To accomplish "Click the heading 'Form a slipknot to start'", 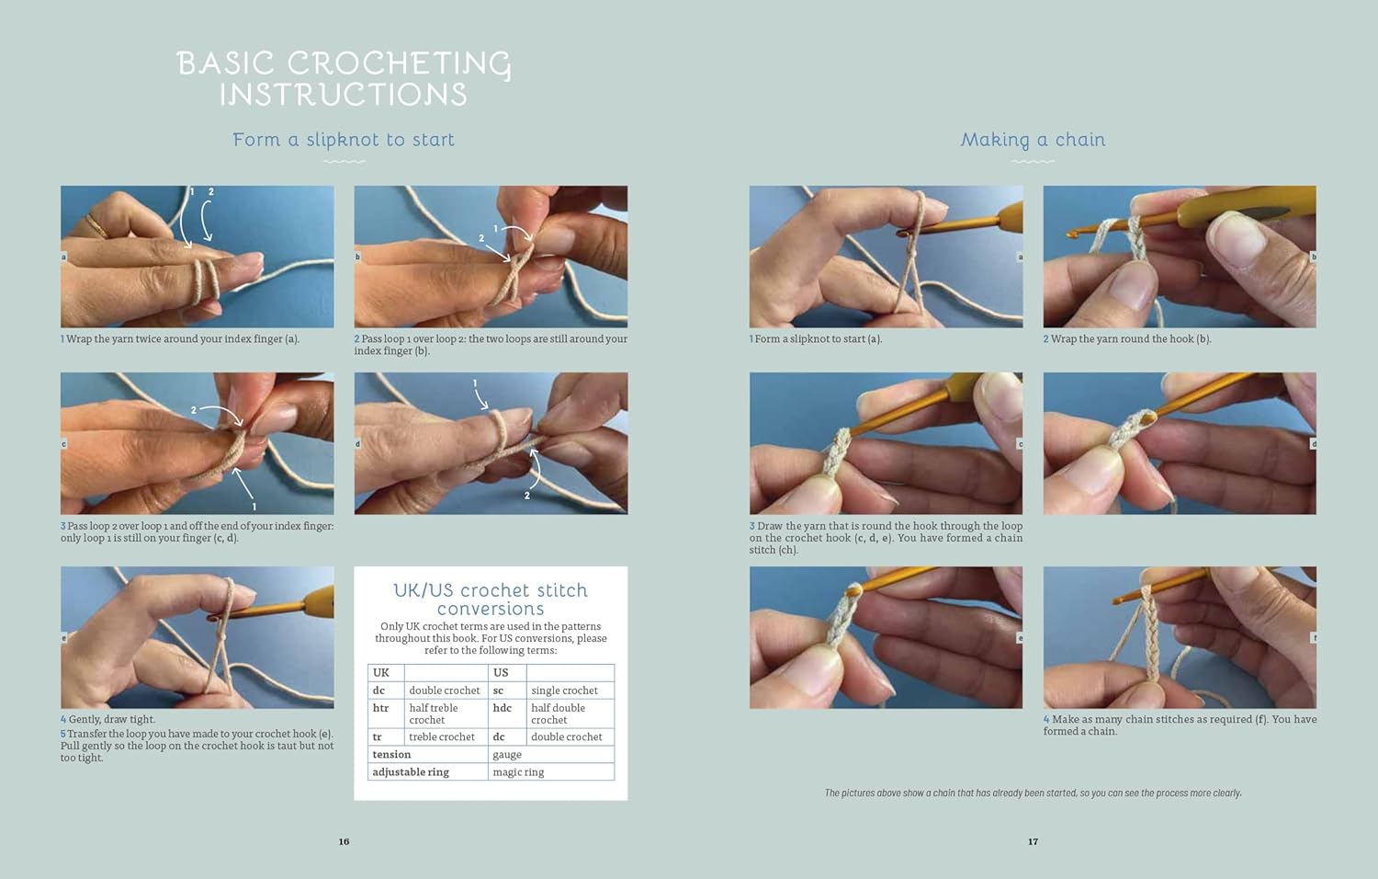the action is point(344,141).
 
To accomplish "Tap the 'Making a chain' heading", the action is point(1033,141).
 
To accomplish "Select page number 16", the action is point(344,841).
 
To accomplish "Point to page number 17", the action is point(1033,841).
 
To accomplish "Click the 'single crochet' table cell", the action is point(564,691).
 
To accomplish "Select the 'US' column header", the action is point(501,673).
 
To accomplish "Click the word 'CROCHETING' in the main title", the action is point(400,64).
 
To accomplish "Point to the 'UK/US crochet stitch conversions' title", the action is point(491,599).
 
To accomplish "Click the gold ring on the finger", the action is point(97,225).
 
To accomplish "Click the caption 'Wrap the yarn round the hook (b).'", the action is point(1127,338).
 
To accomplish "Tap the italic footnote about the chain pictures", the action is point(1033,793).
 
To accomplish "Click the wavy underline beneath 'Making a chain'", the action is point(1033,162).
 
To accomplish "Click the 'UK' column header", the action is point(381,673).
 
